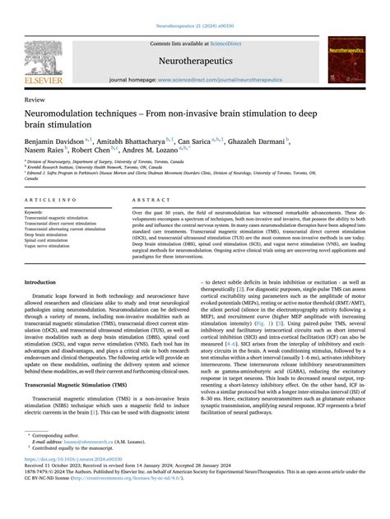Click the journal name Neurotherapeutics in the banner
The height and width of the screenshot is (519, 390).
(x=194, y=60)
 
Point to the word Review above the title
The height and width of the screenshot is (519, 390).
(x=35, y=97)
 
